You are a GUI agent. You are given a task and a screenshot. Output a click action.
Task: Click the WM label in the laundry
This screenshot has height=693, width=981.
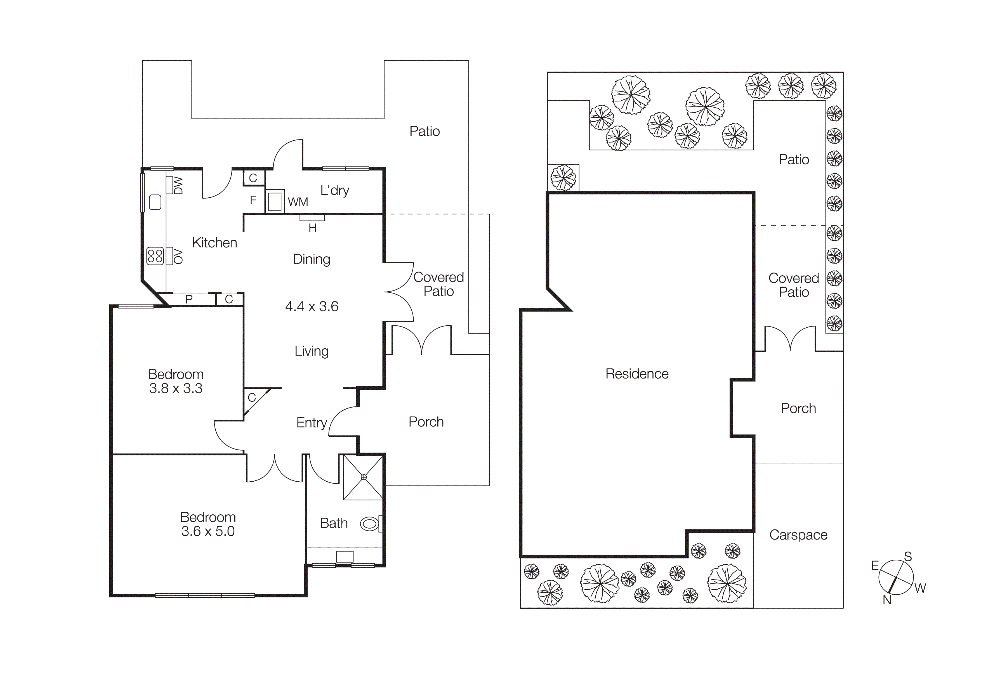298,202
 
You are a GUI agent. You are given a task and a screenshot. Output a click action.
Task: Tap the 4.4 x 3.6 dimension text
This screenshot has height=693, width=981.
312,307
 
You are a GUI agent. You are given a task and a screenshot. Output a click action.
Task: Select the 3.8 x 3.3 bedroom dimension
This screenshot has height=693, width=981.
176,389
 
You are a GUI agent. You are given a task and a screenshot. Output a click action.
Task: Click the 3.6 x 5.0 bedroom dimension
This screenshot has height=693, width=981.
208,532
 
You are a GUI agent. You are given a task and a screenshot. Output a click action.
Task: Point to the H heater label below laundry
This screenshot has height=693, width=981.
312,228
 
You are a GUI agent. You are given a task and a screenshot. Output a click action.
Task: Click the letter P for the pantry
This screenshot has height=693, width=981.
189,300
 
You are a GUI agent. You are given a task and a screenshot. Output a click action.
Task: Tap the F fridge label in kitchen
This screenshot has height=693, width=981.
253,200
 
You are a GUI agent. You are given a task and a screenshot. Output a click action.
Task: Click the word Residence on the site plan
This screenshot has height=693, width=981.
637,374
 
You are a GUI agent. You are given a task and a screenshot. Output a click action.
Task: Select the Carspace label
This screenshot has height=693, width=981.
798,535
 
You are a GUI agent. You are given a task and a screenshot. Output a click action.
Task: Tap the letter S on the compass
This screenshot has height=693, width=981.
908,557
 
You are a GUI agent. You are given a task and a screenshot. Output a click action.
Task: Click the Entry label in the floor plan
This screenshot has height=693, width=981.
312,423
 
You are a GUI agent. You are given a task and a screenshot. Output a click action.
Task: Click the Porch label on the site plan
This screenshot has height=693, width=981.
798,409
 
